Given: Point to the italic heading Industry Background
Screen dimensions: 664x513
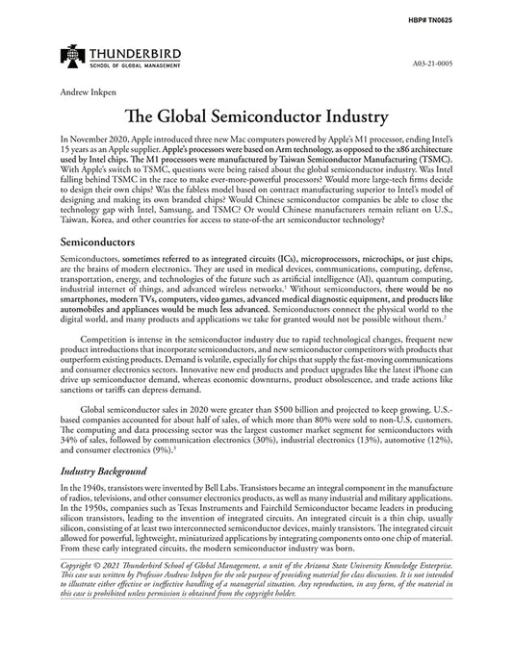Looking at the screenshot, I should pos(103,472).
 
